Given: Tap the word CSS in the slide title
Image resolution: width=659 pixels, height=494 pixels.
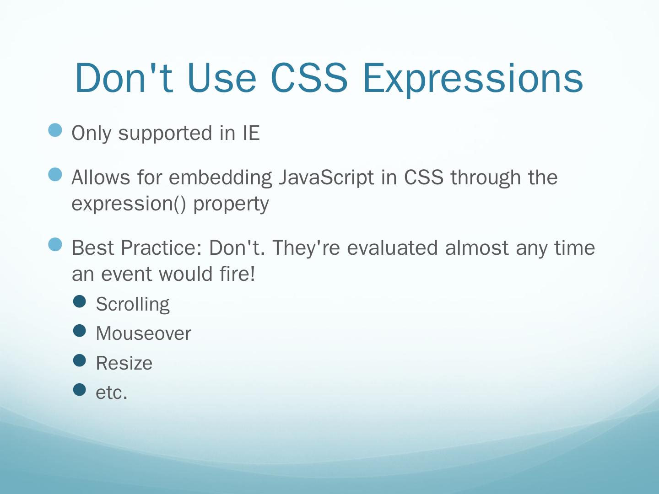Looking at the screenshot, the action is [309, 78].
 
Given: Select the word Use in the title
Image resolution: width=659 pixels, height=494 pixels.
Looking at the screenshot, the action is [222, 78].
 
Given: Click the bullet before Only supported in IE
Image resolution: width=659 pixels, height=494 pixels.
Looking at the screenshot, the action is [55, 130].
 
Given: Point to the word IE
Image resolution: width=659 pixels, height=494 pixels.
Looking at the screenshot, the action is [252, 133].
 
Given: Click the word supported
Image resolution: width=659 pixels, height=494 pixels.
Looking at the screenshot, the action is [166, 134].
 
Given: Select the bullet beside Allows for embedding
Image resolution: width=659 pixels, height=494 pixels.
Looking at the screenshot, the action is [55, 175].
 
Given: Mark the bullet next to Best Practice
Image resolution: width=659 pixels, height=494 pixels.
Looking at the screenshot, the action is [55, 245].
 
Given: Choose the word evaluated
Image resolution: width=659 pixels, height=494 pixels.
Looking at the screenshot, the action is [392, 248].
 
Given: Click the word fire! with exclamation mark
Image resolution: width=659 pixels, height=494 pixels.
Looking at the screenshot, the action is [237, 273].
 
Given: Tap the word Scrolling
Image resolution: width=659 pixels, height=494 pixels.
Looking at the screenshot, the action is [133, 305].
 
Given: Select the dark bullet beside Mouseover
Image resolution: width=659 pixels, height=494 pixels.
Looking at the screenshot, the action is [80, 331].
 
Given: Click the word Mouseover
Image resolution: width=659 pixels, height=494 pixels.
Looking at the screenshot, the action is [144, 333].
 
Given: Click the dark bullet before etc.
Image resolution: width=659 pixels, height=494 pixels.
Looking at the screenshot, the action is [80, 390].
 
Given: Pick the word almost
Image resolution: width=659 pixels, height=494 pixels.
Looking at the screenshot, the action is [477, 248].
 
